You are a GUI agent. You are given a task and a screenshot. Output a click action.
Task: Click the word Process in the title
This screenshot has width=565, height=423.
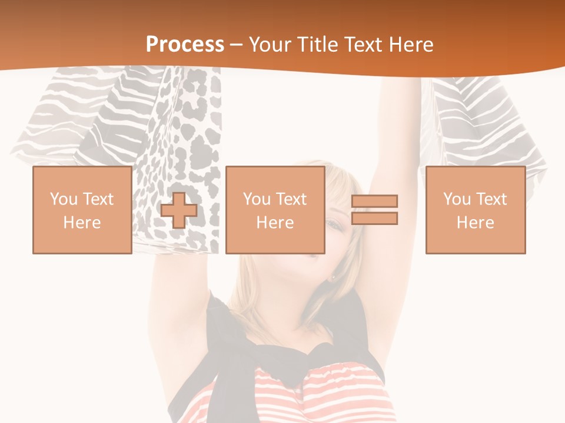[185, 45]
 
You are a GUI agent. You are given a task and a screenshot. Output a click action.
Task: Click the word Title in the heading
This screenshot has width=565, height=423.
[321, 45]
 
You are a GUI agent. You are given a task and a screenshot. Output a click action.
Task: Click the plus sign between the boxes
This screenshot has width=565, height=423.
[179, 210]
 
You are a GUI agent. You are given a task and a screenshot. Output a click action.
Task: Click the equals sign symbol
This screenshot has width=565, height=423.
[374, 210]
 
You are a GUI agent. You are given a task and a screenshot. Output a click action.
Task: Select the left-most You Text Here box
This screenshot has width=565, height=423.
[82, 210]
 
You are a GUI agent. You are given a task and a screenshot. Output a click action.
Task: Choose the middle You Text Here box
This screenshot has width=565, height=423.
[275, 210]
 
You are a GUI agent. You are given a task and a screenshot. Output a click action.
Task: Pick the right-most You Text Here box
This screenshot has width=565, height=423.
[475, 210]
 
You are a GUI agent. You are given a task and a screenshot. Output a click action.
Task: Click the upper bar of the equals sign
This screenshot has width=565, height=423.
[374, 202]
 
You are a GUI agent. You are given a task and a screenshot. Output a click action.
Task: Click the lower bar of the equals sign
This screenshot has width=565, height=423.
[374, 219]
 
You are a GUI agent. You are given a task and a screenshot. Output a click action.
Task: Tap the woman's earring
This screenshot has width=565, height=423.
[334, 277]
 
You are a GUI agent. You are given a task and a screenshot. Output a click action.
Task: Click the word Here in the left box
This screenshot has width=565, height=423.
[82, 223]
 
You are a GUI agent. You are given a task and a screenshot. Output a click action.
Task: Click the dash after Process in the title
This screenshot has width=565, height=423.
[237, 45]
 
